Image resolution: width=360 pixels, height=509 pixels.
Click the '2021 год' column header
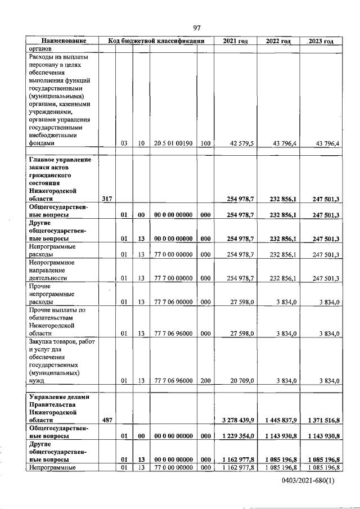pos(235,41)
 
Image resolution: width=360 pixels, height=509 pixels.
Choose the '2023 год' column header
pos(321,41)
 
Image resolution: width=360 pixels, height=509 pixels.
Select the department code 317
pos(107,199)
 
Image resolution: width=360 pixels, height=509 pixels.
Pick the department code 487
pos(107,420)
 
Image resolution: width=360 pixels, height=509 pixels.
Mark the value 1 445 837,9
pos(280,420)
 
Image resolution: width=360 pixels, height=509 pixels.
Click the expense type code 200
pos(205,381)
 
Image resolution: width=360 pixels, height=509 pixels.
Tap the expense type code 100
pos(205,143)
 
